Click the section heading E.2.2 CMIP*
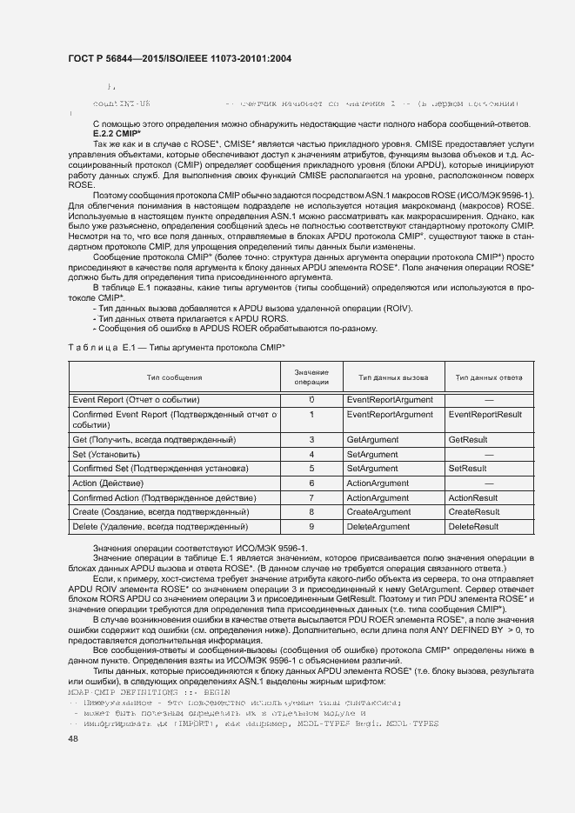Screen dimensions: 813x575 click(117, 135)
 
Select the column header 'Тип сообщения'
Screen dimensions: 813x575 click(174, 377)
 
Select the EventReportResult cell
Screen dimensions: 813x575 click(485, 415)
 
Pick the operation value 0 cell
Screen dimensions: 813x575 click(311, 399)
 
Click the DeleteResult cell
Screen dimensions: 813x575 click(473, 527)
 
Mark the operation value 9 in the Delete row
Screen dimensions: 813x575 click(311, 527)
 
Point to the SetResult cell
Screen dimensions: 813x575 click(467, 469)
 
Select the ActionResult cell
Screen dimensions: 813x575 click(472, 498)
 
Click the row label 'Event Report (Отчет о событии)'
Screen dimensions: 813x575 click(136, 399)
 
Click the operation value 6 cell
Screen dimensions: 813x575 click(311, 483)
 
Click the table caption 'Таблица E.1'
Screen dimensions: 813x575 click(97, 347)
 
